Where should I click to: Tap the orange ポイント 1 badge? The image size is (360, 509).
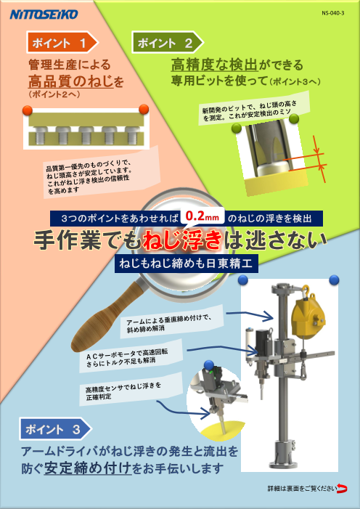61,44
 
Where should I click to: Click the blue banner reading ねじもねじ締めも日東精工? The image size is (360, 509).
187,264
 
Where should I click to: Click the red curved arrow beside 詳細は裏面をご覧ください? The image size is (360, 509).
341,488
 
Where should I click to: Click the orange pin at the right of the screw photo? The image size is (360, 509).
143,110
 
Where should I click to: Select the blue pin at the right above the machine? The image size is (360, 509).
334,279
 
